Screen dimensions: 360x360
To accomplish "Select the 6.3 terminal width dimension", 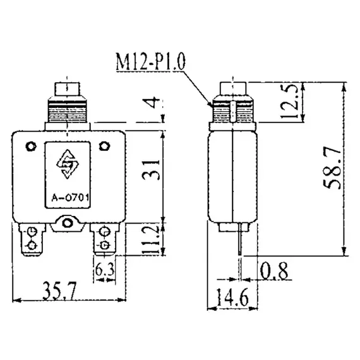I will [x=104, y=270].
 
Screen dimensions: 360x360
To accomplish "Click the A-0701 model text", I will [x=69, y=203].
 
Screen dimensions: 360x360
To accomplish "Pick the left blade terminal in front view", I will [x=30, y=241].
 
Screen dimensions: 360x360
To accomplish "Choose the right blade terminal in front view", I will [x=102, y=241].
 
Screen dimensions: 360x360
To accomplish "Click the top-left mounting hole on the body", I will [x=30, y=147].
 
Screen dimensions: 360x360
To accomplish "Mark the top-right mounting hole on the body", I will [x=103, y=147].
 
